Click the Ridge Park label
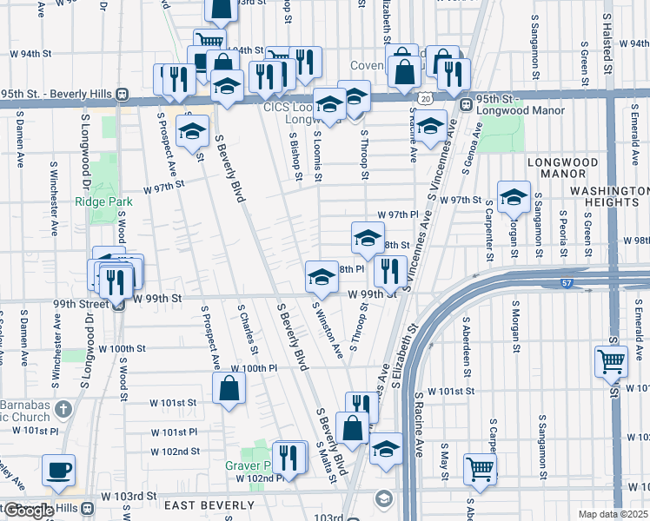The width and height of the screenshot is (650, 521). click(x=103, y=201)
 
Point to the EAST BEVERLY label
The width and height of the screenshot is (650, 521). click(x=202, y=506)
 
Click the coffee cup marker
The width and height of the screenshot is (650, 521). click(x=59, y=470)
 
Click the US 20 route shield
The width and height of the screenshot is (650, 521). click(x=423, y=101)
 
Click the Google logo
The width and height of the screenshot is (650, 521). click(x=29, y=511)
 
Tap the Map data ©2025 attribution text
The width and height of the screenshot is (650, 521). click(x=611, y=514)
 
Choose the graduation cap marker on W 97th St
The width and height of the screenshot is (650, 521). click(x=514, y=197)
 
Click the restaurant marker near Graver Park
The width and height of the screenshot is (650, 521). click(x=290, y=458)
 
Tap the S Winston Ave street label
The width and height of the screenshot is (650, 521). click(x=328, y=331)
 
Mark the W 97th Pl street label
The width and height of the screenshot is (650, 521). click(x=397, y=214)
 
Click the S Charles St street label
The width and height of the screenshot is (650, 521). click(x=248, y=327)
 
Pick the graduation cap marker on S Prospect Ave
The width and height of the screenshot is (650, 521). click(x=192, y=132)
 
